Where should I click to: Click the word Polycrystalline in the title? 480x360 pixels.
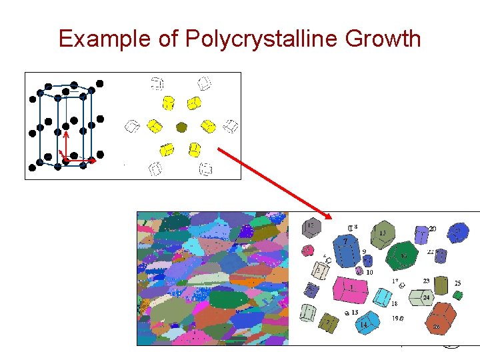coord(259,38)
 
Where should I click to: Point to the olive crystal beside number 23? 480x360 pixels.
coord(441,283)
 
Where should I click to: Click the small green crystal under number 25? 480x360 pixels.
coord(457,294)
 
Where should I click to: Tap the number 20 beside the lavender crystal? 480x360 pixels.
coord(433,229)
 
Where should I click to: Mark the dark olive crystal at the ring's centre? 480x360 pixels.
coord(181,126)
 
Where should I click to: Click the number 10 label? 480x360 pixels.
coord(369,272)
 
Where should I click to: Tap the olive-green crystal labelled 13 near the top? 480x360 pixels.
coord(382,234)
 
